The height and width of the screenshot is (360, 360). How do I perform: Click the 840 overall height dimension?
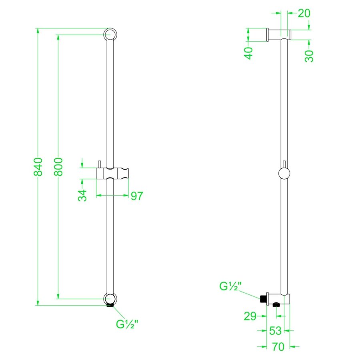pos(38,167)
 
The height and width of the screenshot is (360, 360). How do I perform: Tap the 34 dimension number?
pos(82,196)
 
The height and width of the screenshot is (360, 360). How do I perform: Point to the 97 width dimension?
pos(136,196)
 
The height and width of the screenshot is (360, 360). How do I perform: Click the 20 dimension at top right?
pos(304,13)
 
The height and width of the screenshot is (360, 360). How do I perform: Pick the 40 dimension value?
pos(249,53)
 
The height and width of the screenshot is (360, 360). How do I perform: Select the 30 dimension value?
pos(309,55)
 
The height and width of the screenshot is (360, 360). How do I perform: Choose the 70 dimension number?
pos(278,346)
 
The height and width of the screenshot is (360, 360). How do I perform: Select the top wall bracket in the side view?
pos(278,35)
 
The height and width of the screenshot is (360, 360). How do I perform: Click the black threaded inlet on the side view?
pos(263,299)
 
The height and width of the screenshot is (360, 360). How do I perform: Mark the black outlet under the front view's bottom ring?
pos(110,306)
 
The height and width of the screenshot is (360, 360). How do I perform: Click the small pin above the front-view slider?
pos(99,164)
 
